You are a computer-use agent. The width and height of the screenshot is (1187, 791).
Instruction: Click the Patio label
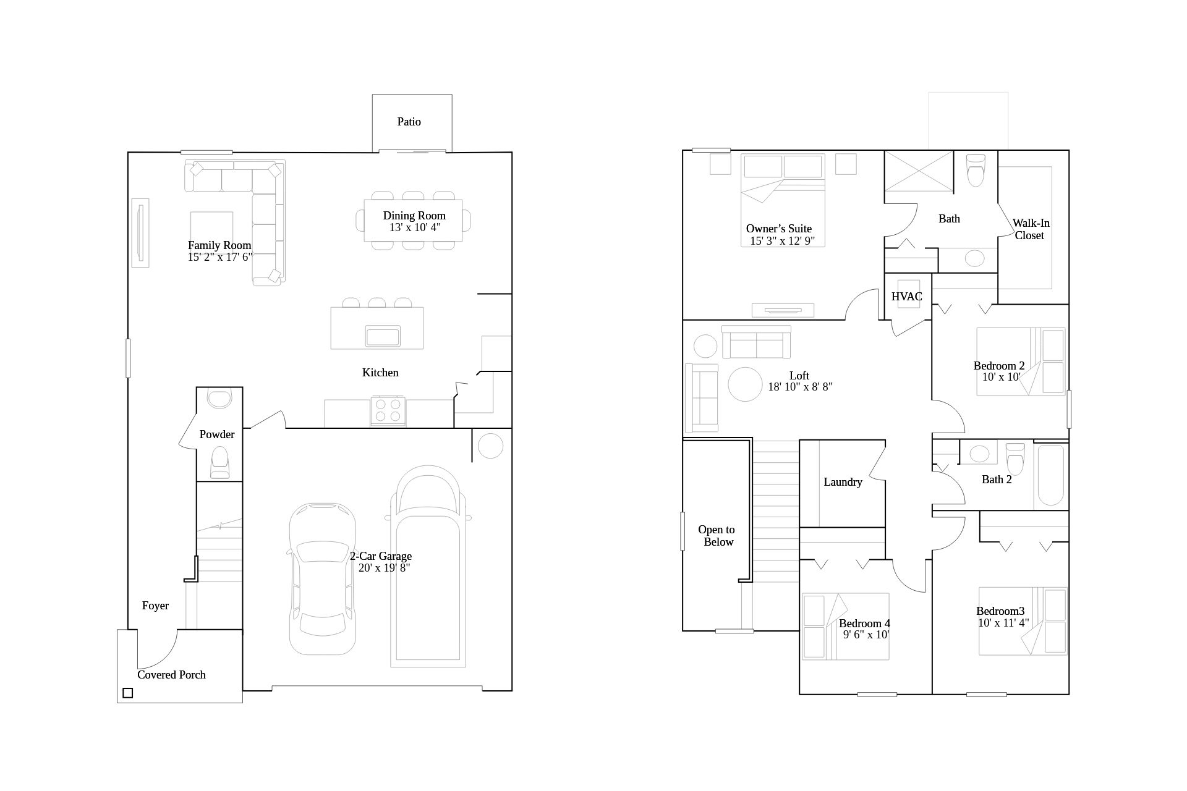click(409, 122)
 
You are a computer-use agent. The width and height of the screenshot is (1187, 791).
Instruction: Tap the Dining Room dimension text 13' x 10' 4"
click(415, 227)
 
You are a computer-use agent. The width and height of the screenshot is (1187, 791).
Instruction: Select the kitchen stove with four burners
click(388, 411)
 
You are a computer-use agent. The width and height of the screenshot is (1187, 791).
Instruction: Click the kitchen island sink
click(383, 337)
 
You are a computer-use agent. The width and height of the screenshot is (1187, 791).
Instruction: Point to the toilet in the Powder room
click(219, 462)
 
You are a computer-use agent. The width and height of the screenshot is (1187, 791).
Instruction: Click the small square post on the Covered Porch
click(127, 693)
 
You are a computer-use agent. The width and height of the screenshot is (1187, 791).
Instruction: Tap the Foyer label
click(155, 606)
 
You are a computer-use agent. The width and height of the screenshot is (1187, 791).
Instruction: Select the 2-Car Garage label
click(381, 556)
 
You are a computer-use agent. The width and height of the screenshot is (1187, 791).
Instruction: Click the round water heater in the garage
click(490, 446)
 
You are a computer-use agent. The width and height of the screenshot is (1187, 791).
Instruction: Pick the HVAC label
click(907, 297)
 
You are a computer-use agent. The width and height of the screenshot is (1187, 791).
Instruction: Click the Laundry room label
click(843, 482)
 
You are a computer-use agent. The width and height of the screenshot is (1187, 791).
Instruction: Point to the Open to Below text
click(717, 536)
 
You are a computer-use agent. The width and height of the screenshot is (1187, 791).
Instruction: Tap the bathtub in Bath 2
click(1051, 475)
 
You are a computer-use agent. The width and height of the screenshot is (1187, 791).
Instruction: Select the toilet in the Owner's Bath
click(975, 170)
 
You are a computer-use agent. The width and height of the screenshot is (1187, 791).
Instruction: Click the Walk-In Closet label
click(1031, 229)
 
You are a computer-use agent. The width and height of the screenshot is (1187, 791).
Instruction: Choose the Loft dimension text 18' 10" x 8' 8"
click(801, 387)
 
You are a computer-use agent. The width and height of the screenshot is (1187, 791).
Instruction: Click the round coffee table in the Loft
click(746, 384)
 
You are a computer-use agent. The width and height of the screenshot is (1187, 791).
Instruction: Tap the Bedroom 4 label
click(864, 624)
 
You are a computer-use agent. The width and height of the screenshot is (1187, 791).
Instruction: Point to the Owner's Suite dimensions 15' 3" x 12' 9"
click(783, 241)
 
